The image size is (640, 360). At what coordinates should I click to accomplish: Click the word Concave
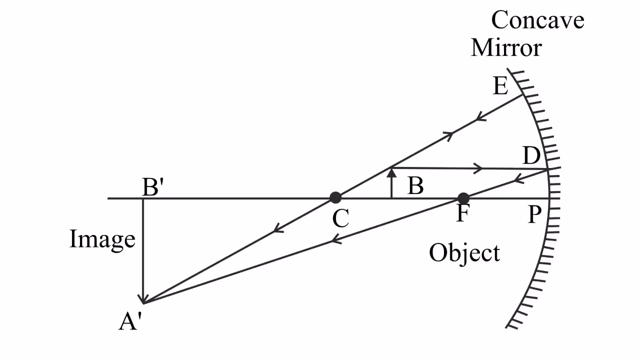(537, 21)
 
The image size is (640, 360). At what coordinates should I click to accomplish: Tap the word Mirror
(506, 48)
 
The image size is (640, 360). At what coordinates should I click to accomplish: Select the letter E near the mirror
(500, 86)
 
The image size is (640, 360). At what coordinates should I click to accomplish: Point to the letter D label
(531, 156)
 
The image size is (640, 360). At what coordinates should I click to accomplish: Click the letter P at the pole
(534, 214)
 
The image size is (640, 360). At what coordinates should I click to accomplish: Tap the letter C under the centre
(340, 218)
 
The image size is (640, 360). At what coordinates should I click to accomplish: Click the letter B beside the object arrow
(415, 186)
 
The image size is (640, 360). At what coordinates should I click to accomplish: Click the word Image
(102, 239)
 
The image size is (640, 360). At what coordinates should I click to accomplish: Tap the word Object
(464, 253)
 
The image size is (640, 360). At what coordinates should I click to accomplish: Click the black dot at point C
(335, 197)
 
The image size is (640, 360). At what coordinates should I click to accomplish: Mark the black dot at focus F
(463, 198)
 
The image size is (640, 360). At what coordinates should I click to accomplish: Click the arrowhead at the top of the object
(392, 173)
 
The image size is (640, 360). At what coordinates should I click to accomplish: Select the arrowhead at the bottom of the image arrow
(144, 298)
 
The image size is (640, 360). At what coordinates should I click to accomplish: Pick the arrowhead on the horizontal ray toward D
(479, 168)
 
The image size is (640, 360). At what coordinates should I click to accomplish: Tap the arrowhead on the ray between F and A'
(336, 240)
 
